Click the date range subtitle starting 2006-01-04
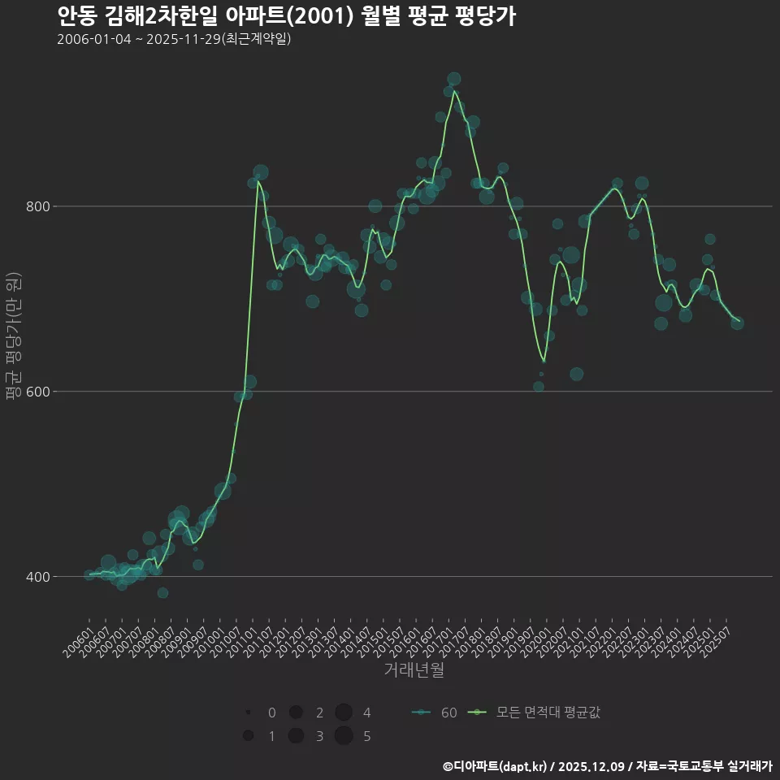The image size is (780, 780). tap(174, 40)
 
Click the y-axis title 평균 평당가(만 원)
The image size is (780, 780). tap(13, 336)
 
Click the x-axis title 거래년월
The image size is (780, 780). tap(414, 670)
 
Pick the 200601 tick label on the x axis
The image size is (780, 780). tap(78, 639)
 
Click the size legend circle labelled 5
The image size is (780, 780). tap(343, 736)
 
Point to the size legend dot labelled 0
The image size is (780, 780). tap(248, 713)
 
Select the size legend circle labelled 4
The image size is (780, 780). tap(343, 713)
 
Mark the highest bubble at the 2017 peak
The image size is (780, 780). tap(454, 79)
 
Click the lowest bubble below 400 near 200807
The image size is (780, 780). tap(162, 593)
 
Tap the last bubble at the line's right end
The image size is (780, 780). tap(737, 323)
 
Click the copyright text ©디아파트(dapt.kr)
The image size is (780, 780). tap(496, 766)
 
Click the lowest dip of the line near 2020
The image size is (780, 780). tap(544, 361)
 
